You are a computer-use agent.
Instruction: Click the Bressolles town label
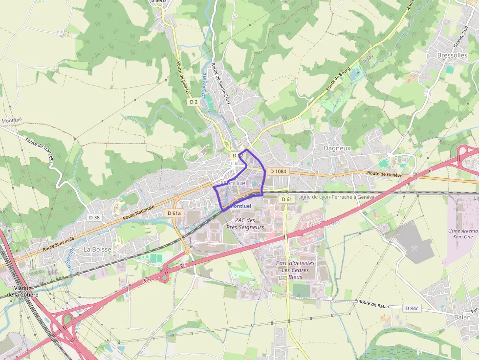pyautogui.click(x=452, y=55)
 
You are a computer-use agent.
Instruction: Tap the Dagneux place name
pyautogui.click(x=337, y=148)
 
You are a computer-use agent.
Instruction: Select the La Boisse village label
pyautogui.click(x=97, y=249)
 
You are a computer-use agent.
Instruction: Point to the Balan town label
pyautogui.click(x=462, y=317)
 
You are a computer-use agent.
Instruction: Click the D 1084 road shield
pyautogui.click(x=277, y=171)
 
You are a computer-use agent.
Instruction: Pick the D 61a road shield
pyautogui.click(x=174, y=213)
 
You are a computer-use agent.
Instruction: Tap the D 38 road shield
pyautogui.click(x=94, y=217)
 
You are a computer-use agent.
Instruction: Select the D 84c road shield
pyautogui.click(x=412, y=308)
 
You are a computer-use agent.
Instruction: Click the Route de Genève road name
pyautogui.click(x=384, y=174)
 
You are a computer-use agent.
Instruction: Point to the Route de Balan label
pyautogui.click(x=373, y=304)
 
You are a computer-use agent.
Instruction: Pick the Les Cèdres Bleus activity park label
pyautogui.click(x=295, y=270)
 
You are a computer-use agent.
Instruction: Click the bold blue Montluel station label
pyautogui.click(x=240, y=206)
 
